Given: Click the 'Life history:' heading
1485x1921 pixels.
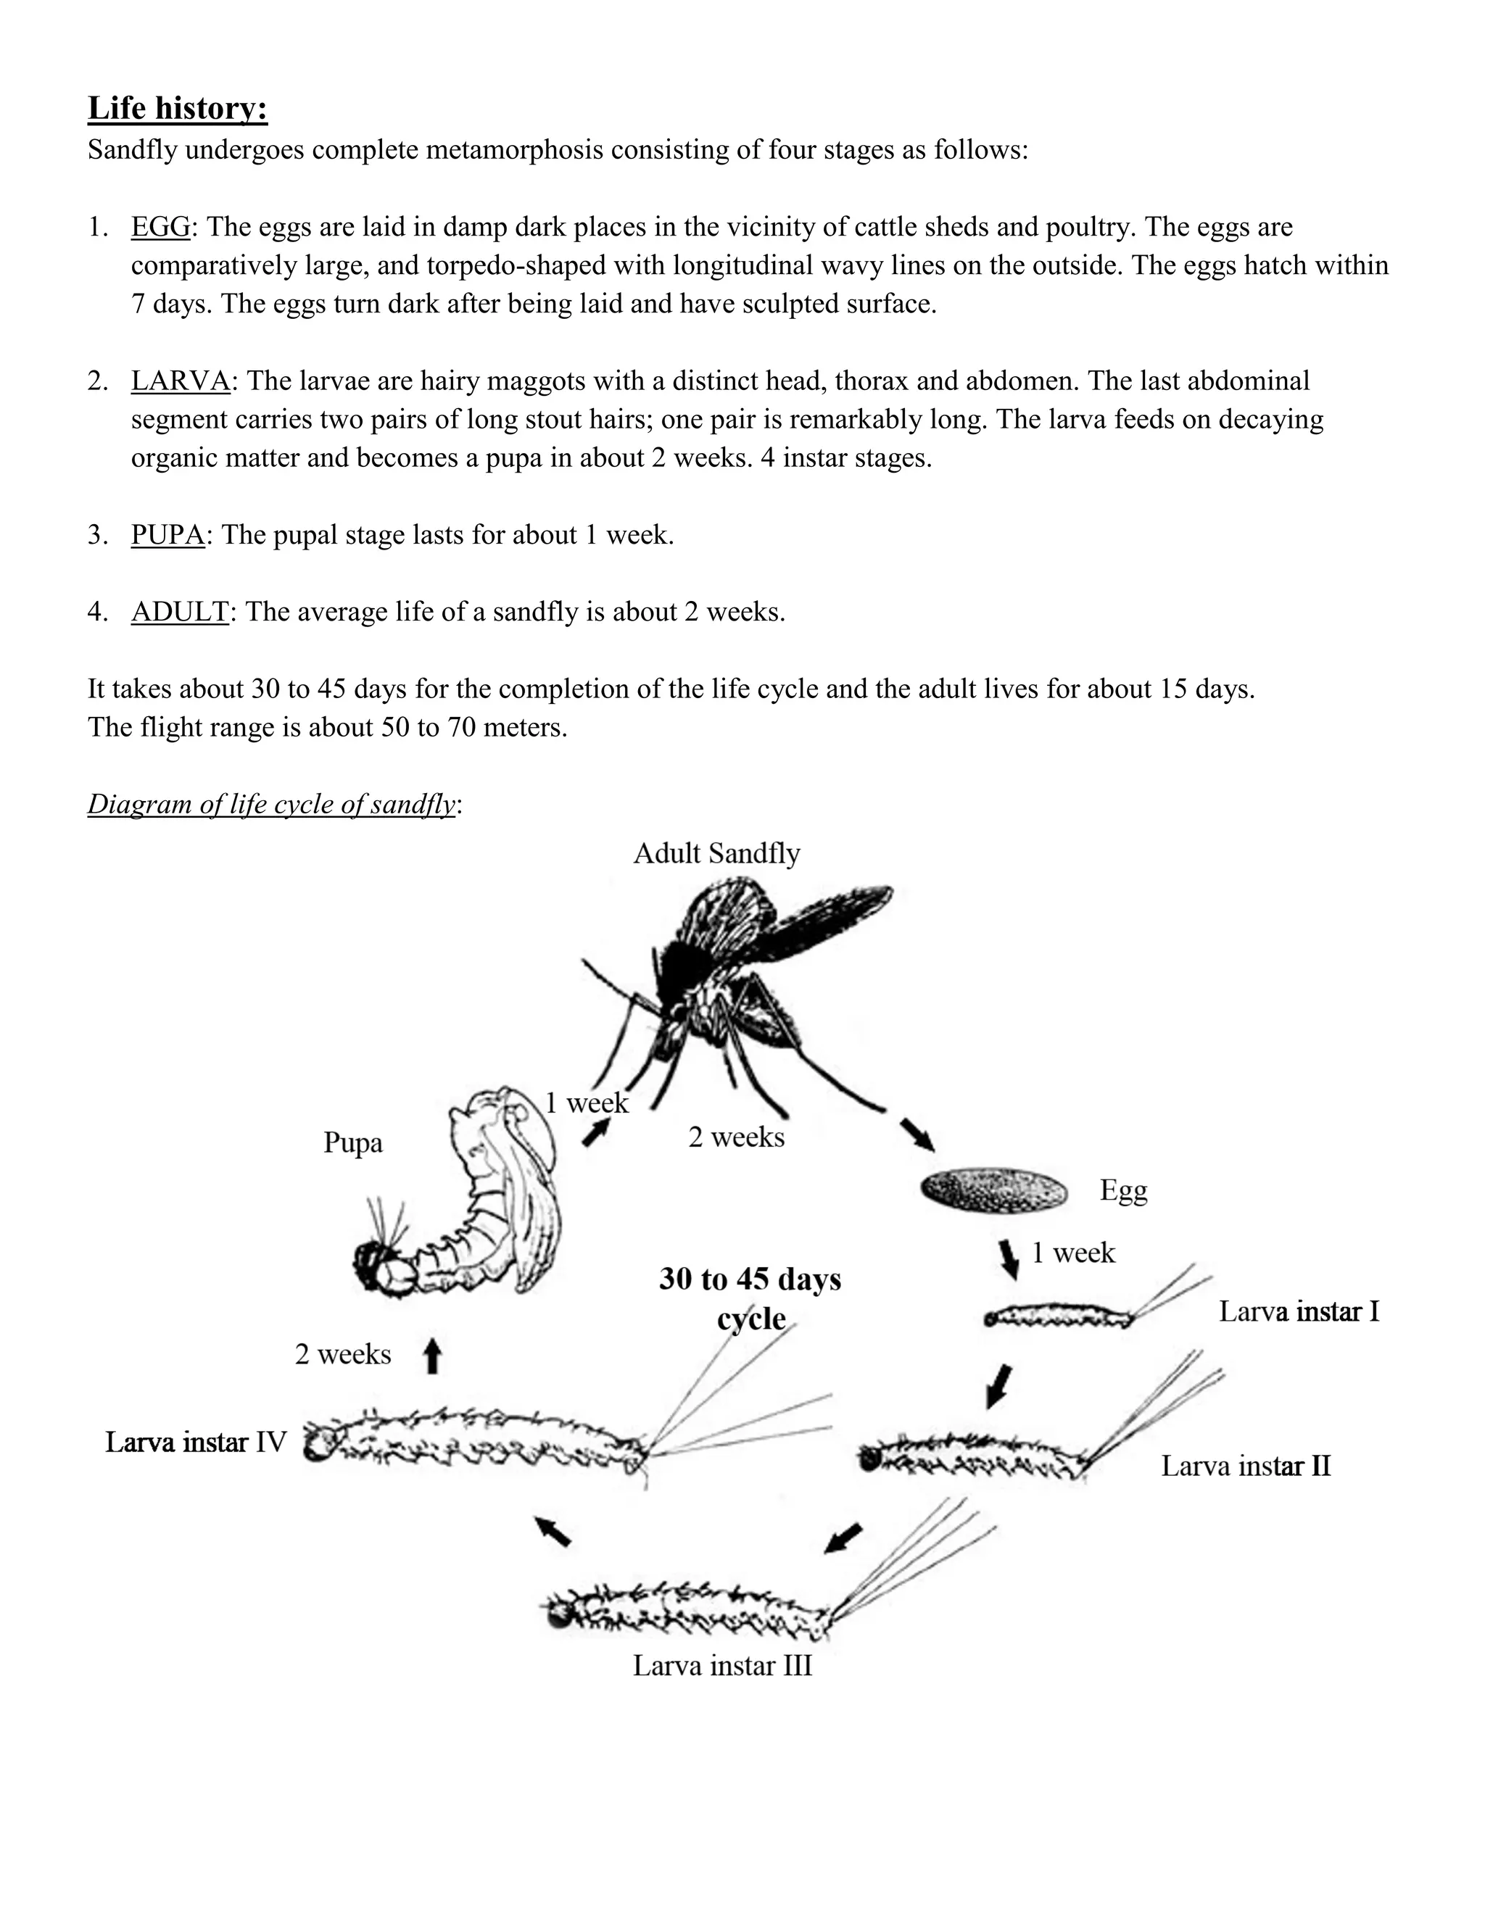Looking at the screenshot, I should click(x=177, y=108).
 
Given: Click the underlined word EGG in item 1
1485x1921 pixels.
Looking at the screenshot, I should click(x=160, y=227).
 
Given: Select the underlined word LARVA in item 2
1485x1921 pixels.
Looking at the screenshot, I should click(x=180, y=381).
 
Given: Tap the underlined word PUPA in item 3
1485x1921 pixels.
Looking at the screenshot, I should click(x=167, y=535).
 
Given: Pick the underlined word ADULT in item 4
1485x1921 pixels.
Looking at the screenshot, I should click(x=180, y=611).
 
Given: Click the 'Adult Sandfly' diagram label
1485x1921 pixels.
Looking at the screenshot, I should click(x=716, y=853).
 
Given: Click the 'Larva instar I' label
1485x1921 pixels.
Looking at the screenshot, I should click(x=1299, y=1311).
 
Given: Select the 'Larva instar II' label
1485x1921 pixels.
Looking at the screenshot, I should click(x=1245, y=1465).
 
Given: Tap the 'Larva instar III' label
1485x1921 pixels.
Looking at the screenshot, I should click(x=722, y=1665).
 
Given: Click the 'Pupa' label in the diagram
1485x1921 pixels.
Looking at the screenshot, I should click(x=353, y=1142).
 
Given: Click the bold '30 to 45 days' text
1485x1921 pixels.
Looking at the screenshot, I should click(x=750, y=1279).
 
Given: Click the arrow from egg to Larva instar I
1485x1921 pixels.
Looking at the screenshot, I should click(x=1009, y=1258).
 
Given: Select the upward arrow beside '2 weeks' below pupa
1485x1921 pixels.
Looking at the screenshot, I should click(x=431, y=1356).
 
